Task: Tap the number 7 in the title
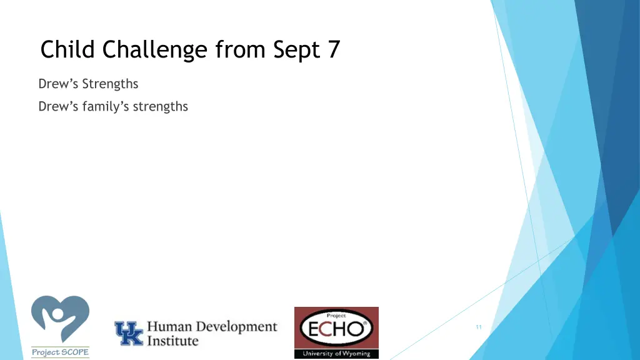pyautogui.click(x=333, y=49)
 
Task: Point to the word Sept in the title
pyautogui.click(x=295, y=49)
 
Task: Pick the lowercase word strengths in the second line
pyautogui.click(x=160, y=107)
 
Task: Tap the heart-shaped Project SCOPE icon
pyautogui.click(x=60, y=319)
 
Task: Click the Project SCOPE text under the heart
pyautogui.click(x=60, y=352)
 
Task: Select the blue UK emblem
pyautogui.click(x=128, y=334)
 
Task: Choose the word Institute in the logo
pyautogui.click(x=172, y=341)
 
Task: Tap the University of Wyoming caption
pyautogui.click(x=336, y=354)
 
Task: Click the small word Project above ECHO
pyautogui.click(x=336, y=316)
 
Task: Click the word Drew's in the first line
pyautogui.click(x=57, y=84)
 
